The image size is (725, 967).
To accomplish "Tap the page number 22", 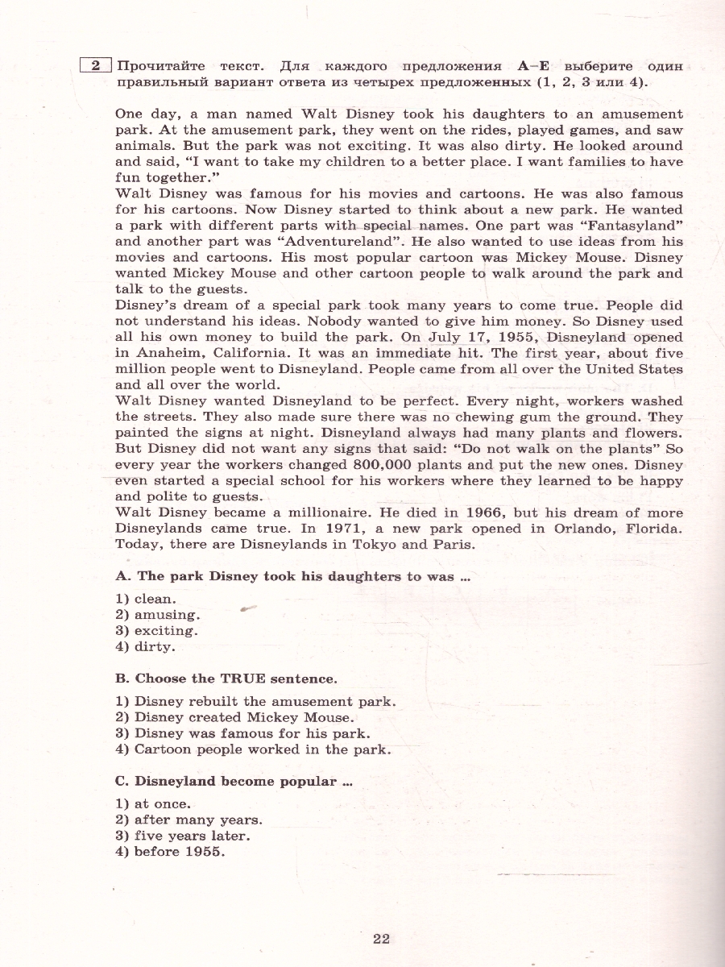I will [x=381, y=938].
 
